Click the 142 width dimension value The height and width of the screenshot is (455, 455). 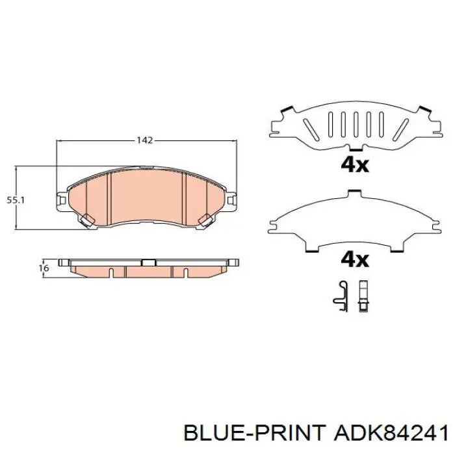(x=144, y=140)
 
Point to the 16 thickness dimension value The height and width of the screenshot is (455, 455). (x=44, y=268)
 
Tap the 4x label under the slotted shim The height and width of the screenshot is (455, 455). (x=355, y=165)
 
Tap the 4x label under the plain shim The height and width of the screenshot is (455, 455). (x=355, y=260)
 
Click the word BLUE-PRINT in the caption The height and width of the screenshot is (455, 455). (x=254, y=434)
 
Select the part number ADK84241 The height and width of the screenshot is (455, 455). (x=391, y=434)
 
